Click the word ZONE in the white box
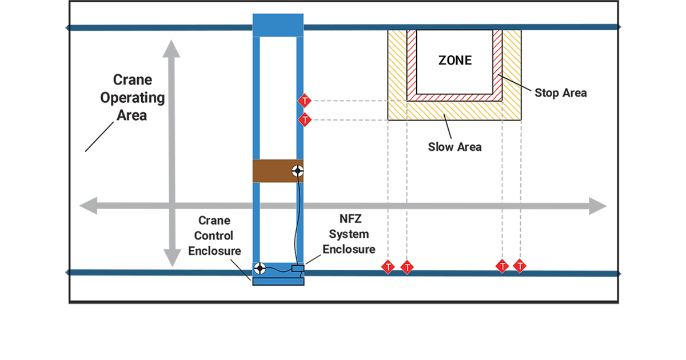point(455,60)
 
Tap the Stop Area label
point(560,93)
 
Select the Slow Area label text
point(454,147)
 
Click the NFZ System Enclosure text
point(349,234)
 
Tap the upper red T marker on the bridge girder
point(305,102)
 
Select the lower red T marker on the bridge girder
point(305,120)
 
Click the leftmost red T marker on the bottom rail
point(388,267)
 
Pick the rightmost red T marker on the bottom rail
point(520,266)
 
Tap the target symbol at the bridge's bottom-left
point(260,267)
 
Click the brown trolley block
point(274,171)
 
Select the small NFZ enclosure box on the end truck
point(298,269)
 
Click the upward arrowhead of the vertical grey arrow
point(169,49)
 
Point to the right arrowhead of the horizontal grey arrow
point(598,206)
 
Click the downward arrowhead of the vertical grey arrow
point(169,258)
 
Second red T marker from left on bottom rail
point(406,267)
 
